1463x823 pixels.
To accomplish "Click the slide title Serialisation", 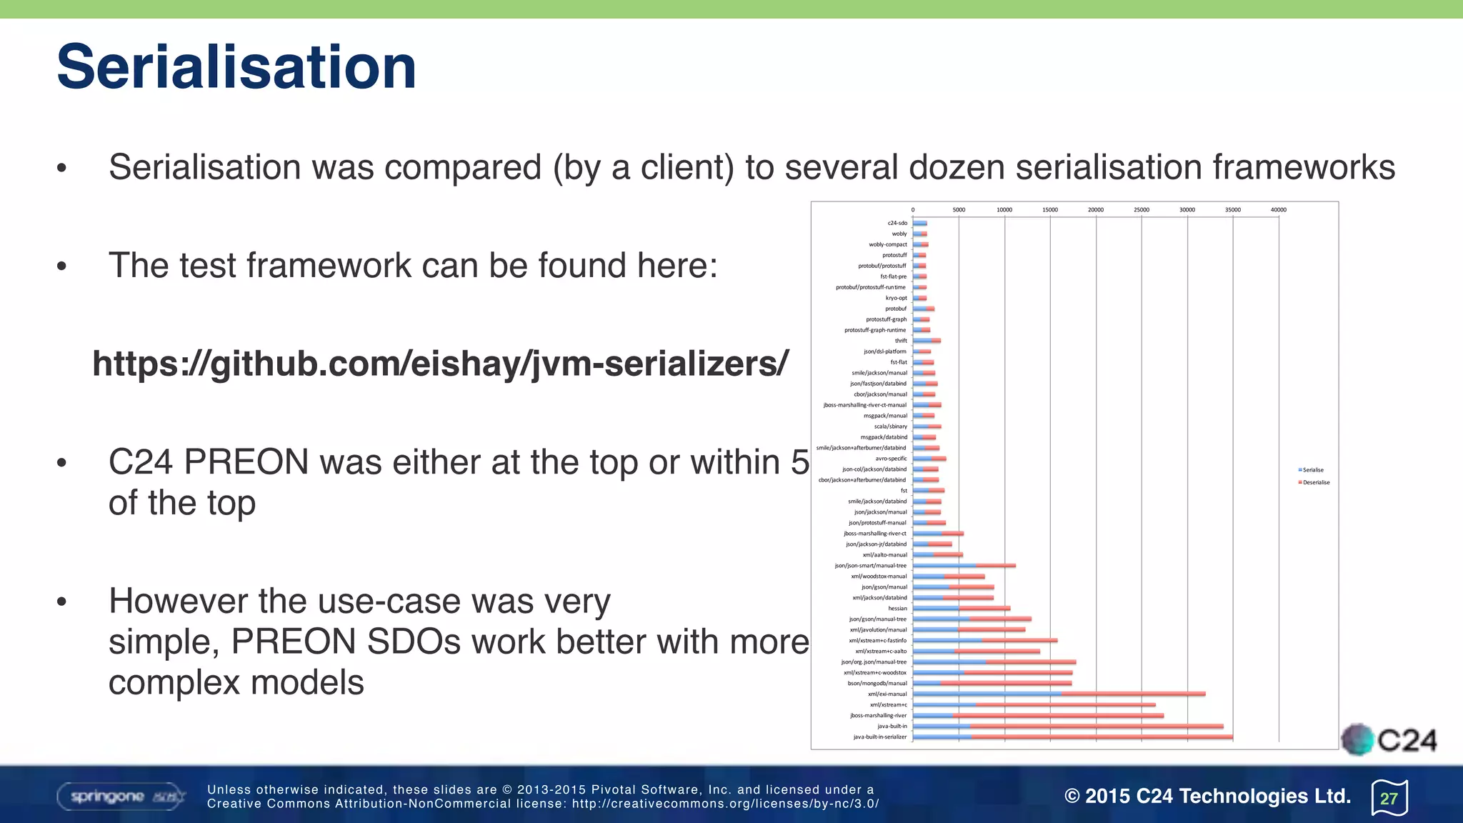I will coord(236,67).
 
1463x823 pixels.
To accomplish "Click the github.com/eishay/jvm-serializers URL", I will coord(440,364).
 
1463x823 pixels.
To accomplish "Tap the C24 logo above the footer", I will coord(1389,740).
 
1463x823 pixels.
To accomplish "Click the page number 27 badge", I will coord(1389,798).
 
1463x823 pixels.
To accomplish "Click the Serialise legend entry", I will coord(1312,470).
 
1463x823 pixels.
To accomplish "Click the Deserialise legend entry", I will coord(1315,483).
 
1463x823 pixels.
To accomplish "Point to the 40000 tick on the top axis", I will coord(1278,210).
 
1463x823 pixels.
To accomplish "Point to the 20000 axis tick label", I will coord(1095,210).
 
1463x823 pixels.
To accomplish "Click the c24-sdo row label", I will coord(897,224).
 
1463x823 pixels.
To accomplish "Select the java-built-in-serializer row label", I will coord(880,737).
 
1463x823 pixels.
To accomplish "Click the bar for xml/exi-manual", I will coord(1059,694).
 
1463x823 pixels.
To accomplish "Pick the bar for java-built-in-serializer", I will coord(1072,737).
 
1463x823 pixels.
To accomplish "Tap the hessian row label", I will coord(897,609).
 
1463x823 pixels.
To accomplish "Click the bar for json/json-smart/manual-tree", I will coord(964,566).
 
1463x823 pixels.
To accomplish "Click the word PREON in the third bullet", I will coord(246,462).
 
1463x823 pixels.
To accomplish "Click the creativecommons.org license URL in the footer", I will coord(725,804).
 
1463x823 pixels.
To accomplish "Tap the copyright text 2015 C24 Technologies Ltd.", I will coord(1207,796).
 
